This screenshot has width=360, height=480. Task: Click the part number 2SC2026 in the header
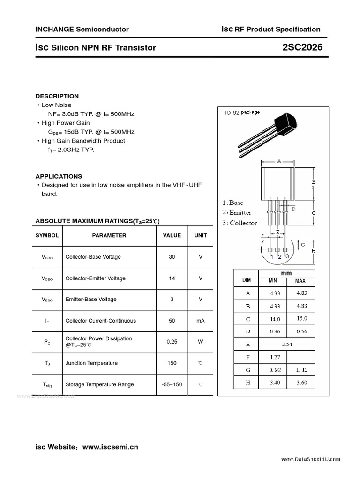(x=303, y=47)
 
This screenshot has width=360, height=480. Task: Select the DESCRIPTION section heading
(x=57, y=96)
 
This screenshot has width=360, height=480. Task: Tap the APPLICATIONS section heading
(x=59, y=176)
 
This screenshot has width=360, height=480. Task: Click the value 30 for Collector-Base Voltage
(x=172, y=257)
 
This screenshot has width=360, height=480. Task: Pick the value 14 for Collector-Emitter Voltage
(x=172, y=278)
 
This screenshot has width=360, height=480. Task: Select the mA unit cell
(x=200, y=321)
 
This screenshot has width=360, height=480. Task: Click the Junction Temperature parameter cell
(x=91, y=363)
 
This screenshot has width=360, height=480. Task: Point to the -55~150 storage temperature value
(x=172, y=384)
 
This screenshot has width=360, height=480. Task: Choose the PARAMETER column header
(x=109, y=235)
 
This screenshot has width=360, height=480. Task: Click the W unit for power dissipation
(x=200, y=342)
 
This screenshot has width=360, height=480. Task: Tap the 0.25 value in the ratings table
(x=172, y=342)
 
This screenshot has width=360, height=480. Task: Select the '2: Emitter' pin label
(x=237, y=213)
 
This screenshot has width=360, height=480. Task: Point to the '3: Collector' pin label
(x=240, y=223)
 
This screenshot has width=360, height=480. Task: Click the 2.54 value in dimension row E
(x=287, y=344)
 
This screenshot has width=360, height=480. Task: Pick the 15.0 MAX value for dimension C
(x=301, y=319)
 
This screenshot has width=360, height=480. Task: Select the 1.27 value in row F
(x=275, y=357)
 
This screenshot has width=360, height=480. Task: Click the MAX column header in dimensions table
(x=300, y=281)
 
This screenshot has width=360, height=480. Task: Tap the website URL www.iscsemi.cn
(x=110, y=447)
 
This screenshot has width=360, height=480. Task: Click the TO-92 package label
(x=241, y=112)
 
